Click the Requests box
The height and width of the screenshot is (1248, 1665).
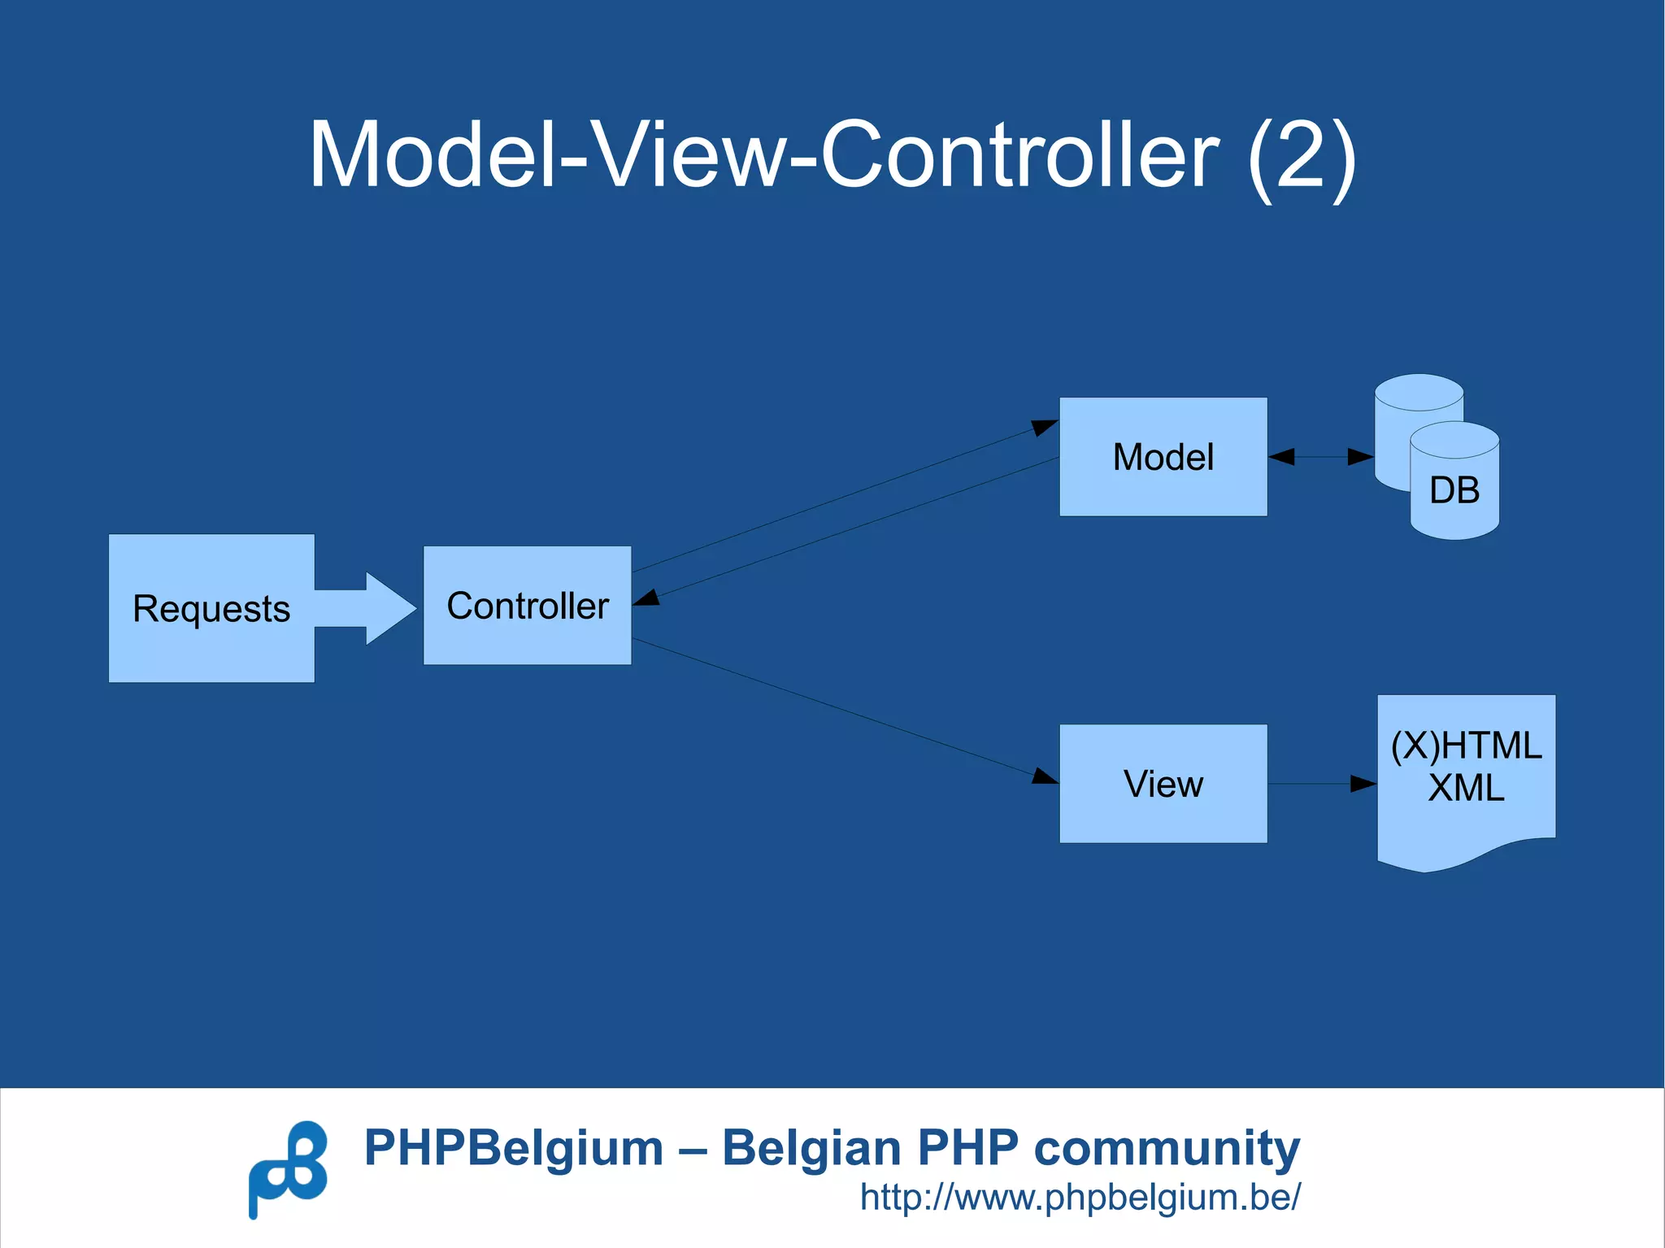211,608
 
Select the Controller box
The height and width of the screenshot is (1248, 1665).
527,606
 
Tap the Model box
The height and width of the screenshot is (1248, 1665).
1163,457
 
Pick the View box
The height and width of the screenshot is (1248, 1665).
1163,784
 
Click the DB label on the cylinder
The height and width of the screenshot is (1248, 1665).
1454,490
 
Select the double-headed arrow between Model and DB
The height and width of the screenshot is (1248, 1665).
1320,457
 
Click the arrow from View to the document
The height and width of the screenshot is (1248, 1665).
1321,784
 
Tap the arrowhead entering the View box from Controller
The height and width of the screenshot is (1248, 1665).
1045,776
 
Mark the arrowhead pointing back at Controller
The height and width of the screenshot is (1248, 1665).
647,598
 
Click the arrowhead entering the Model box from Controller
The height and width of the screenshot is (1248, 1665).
1044,427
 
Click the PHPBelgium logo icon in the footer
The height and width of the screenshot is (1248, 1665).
288,1169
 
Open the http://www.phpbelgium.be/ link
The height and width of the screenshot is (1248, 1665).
1080,1198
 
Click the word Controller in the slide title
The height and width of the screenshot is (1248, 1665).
1019,154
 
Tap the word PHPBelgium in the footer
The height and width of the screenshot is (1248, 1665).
514,1148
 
